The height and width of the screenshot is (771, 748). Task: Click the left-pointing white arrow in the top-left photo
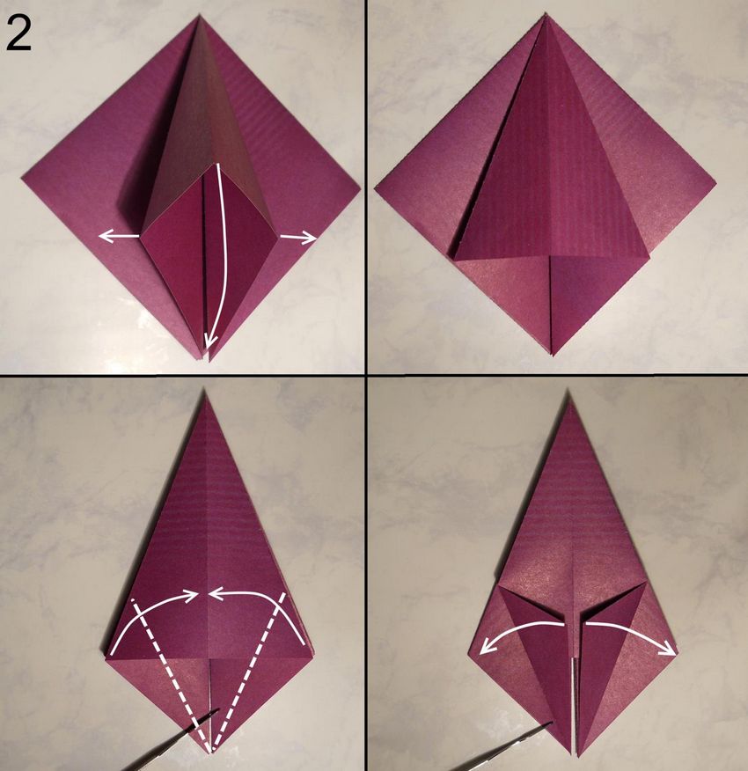[x=119, y=237]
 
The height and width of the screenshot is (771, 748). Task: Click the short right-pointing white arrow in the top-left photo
[x=298, y=239]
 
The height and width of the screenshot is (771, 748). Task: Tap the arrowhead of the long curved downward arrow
[x=210, y=339]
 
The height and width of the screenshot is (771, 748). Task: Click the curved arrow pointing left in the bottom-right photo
[x=519, y=632]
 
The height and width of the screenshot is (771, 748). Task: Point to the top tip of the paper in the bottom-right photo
[x=569, y=390]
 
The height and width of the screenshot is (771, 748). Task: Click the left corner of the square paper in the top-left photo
[x=23, y=177]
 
